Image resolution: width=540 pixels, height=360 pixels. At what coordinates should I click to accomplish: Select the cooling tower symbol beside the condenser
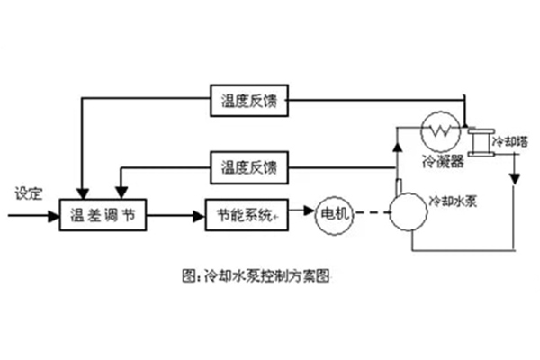483,141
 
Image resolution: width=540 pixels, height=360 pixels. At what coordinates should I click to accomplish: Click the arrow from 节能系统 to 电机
303,216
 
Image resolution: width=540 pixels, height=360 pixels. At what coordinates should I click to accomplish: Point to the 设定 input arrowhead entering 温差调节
54,216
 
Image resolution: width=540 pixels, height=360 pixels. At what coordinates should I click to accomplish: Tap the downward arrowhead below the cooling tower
512,178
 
